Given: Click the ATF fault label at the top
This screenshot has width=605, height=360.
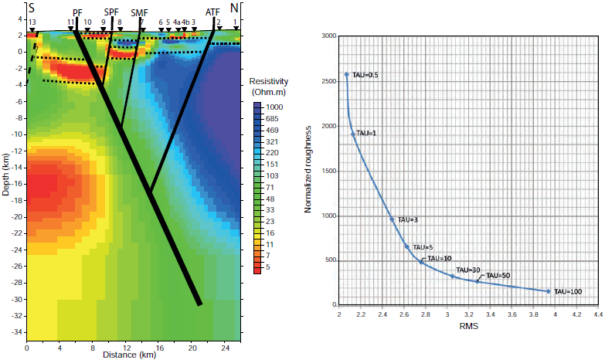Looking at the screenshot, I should pyautogui.click(x=212, y=12).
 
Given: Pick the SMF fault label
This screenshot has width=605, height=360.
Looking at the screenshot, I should pyautogui.click(x=140, y=12).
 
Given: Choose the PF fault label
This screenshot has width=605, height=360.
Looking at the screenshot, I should pyautogui.click(x=77, y=12).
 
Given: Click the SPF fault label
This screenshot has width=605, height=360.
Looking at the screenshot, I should pyautogui.click(x=112, y=12).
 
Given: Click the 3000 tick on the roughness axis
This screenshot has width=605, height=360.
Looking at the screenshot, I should pyautogui.click(x=328, y=36).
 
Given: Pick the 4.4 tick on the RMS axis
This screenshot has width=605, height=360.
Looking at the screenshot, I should pyautogui.click(x=597, y=316).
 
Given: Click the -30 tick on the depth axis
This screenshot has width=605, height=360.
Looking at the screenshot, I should pyautogui.click(x=15, y=299).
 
